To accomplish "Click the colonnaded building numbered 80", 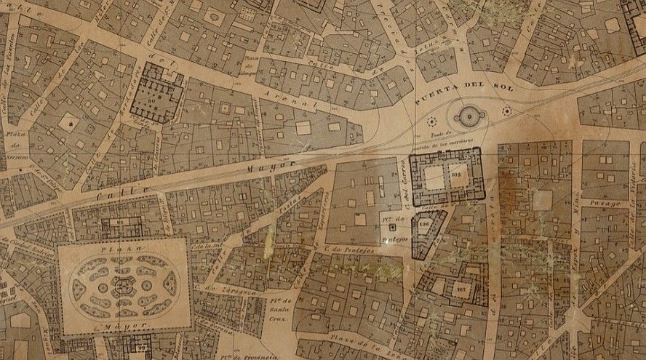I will [x=157, y=93].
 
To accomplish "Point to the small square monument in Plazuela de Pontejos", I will [x=393, y=228].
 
